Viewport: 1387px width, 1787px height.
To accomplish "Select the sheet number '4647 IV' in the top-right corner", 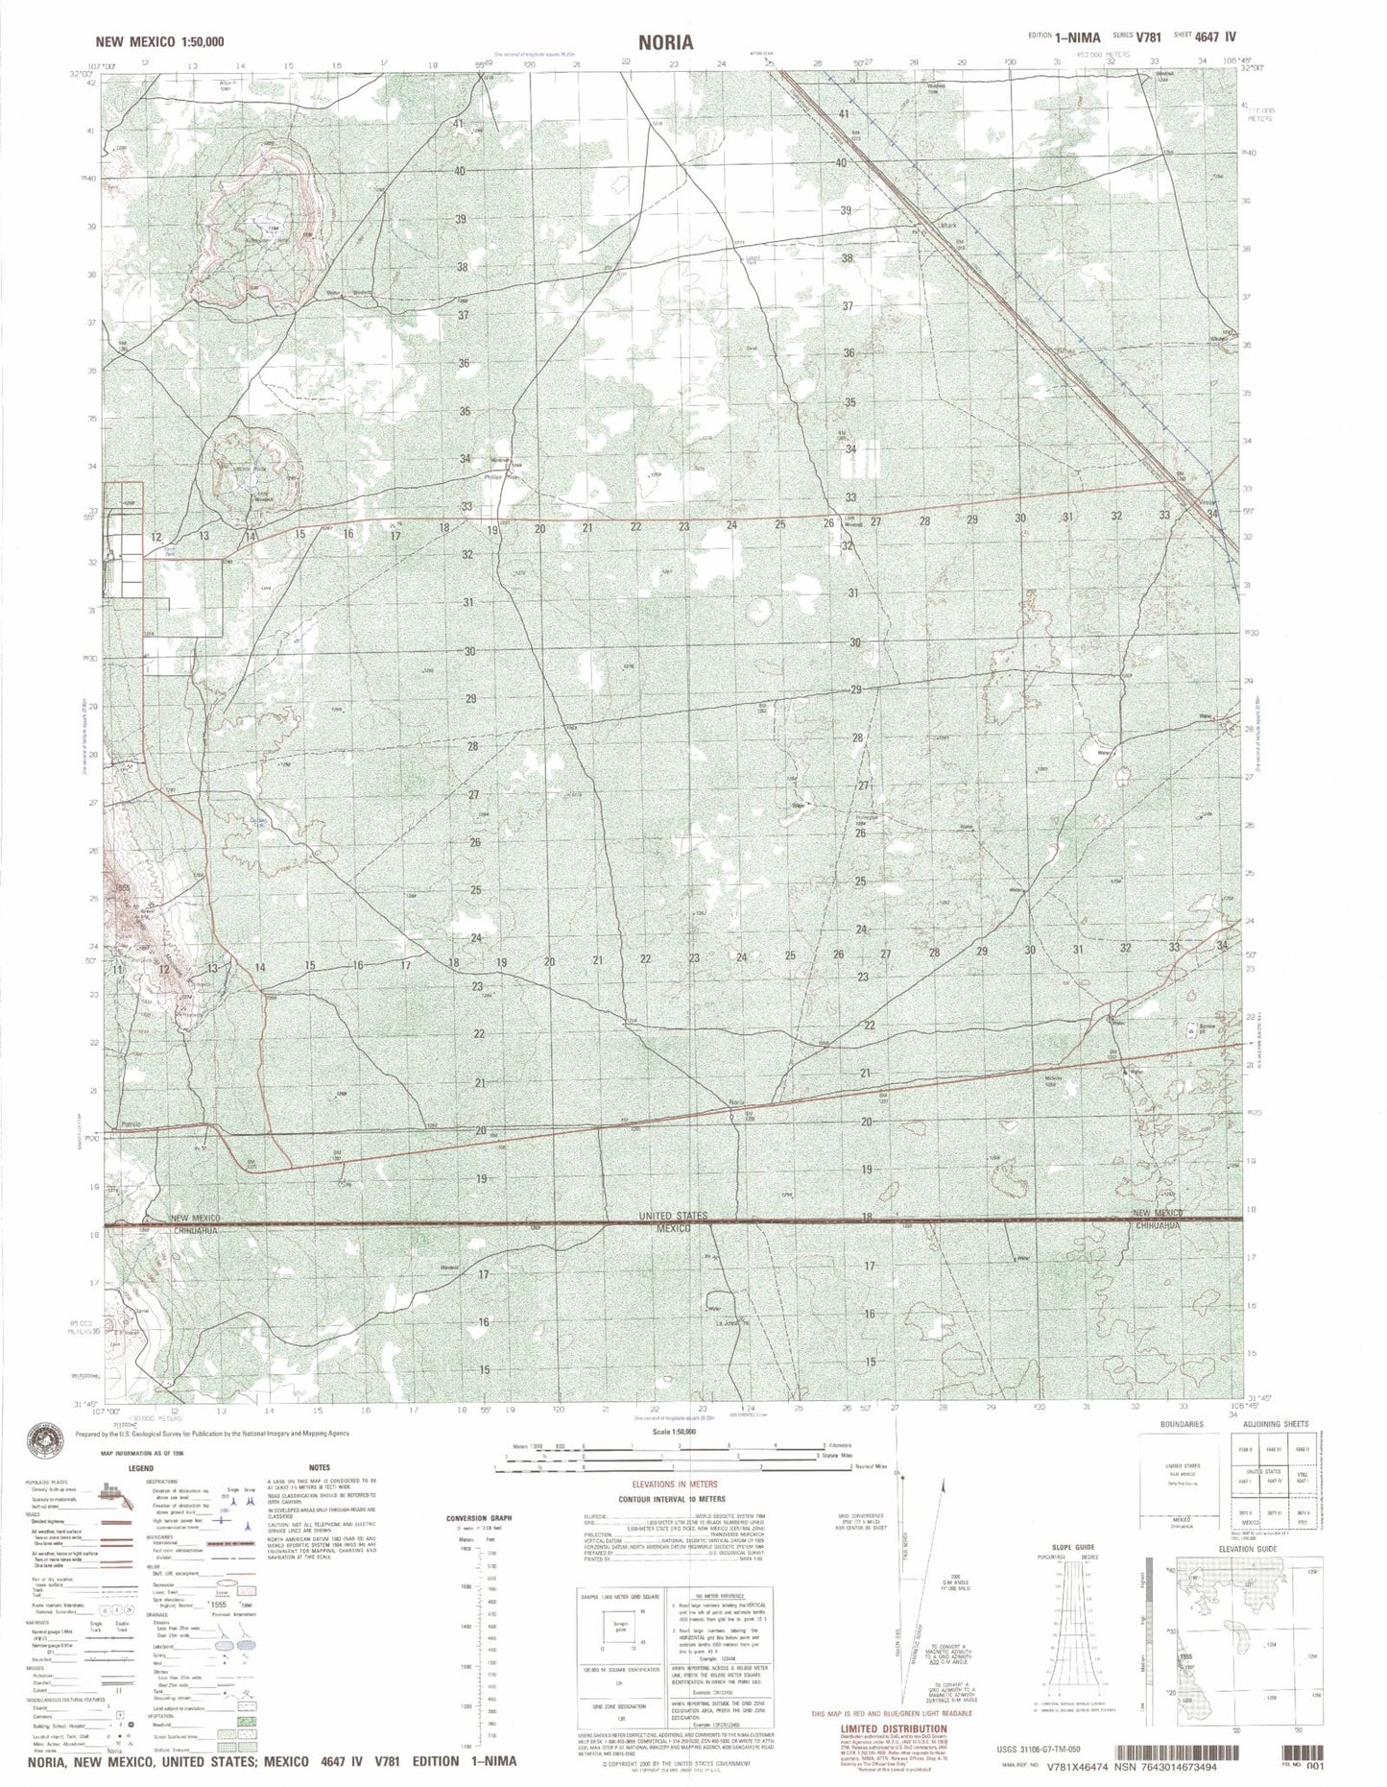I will pyautogui.click(x=1217, y=36).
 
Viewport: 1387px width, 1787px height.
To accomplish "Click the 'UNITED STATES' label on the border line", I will pyautogui.click(x=672, y=1217).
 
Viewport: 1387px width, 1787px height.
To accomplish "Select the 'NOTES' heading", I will pyautogui.click(x=319, y=1467).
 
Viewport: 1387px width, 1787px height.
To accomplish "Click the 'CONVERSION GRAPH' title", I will pyautogui.click(x=480, y=1518).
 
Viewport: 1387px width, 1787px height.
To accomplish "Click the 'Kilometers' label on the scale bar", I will pyautogui.click(x=841, y=1445).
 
